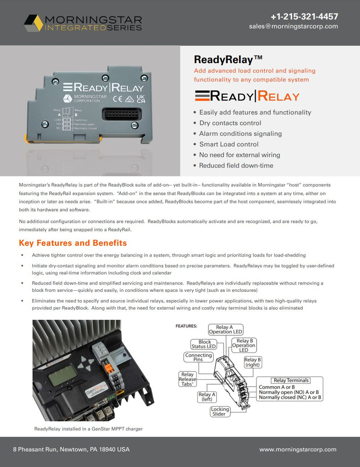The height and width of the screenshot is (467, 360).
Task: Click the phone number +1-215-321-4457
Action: (304, 16)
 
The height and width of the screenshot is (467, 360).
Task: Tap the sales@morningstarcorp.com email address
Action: (294, 26)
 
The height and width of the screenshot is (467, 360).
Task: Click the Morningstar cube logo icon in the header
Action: (33, 23)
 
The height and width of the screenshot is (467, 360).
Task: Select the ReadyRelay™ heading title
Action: (228, 59)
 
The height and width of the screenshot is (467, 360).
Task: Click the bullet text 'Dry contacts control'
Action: (230, 123)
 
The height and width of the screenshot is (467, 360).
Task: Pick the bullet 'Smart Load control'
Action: (229, 144)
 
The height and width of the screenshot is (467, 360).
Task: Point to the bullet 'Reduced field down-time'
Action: (236, 165)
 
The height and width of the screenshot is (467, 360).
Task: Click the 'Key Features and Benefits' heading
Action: (73, 243)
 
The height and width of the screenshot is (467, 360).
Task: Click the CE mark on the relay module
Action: (117, 99)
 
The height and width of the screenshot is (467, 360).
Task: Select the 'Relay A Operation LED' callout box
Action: (225, 329)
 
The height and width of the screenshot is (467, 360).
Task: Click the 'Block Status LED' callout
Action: (204, 344)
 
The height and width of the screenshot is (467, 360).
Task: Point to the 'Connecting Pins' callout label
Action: (198, 357)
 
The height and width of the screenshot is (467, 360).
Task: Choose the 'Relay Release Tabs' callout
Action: (187, 379)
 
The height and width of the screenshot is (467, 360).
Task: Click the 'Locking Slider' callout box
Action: (220, 412)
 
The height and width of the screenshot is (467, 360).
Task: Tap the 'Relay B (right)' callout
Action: (252, 362)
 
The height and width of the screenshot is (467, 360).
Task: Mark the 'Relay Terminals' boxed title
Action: (291, 380)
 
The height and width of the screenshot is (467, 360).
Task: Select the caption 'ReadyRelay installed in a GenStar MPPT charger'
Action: (88, 429)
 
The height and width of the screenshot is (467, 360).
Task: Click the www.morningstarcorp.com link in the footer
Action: (298, 449)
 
